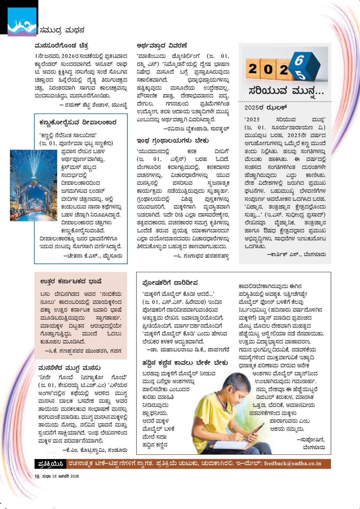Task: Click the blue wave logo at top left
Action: pos(22,22)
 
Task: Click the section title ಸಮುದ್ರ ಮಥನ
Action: pos(62,30)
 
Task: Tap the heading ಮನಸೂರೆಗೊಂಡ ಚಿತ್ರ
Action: pos(61,46)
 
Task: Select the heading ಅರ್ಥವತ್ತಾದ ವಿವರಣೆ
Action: pos(162,46)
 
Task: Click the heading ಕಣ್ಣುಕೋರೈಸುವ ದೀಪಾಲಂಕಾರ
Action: pos(78,122)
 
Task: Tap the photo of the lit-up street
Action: pos(33,185)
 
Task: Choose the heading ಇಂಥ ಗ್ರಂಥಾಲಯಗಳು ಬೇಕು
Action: pos(173,141)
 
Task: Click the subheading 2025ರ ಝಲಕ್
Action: pos(266,107)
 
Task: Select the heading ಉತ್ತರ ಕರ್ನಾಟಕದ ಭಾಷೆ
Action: pos(71,281)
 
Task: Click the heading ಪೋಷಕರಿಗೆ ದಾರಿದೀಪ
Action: pos(170,283)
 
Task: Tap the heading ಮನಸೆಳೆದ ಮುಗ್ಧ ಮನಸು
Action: pos(69,368)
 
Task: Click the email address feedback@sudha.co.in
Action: pos(292,464)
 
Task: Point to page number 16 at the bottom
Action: pos(37,477)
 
